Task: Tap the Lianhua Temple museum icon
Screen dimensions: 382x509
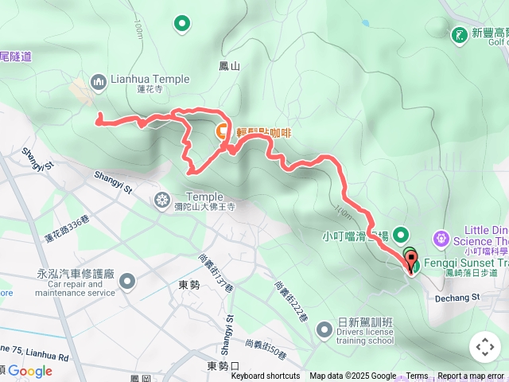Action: (99, 80)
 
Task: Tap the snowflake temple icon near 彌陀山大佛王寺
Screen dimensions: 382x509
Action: (162, 198)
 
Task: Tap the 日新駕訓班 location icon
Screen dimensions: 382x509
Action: (324, 328)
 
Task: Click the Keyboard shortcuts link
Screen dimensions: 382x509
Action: (266, 376)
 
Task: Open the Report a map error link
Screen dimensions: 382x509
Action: (470, 376)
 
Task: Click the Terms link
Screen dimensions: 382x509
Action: (417, 376)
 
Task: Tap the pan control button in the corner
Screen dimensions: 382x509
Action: (484, 346)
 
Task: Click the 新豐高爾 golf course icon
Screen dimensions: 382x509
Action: (459, 34)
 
